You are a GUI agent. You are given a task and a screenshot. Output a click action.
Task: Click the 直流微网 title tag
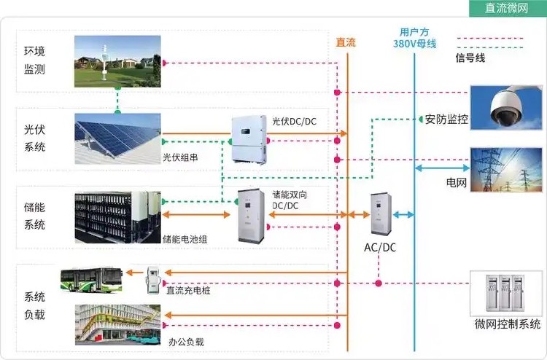506,8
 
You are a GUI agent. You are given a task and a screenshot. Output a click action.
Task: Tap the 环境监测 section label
34,60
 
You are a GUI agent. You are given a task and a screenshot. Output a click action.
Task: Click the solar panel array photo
118,138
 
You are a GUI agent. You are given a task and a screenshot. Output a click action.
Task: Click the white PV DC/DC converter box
250,138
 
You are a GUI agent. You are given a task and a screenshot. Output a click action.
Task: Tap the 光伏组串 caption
179,157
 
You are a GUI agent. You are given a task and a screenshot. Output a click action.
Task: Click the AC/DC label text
380,247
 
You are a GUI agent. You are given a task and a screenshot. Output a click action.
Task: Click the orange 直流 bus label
346,42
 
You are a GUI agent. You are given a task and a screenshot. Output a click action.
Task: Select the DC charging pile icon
153,278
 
